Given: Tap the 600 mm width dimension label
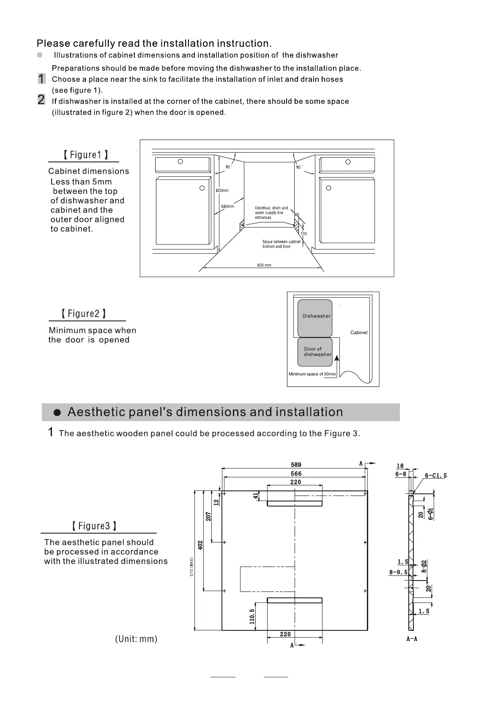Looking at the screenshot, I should click(264, 265).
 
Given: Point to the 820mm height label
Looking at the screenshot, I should click(222, 191).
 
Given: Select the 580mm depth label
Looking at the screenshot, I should click(227, 206).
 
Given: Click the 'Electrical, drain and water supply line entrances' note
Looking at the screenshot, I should click(271, 213).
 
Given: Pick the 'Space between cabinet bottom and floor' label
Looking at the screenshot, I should click(281, 244).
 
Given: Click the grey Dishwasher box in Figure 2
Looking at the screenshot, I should click(315, 318).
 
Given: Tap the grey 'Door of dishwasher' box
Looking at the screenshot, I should click(315, 352).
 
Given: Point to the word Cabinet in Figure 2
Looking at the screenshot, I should click(359, 332).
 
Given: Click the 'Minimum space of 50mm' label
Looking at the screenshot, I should click(312, 374).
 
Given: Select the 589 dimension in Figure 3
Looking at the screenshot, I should click(296, 465).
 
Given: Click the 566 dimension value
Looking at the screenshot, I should click(296, 474).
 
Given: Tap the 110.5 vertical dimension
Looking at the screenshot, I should click(252, 616).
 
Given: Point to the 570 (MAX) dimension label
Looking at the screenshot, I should click(191, 567).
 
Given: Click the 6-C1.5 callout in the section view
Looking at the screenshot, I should click(435, 476).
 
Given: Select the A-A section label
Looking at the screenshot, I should click(412, 639).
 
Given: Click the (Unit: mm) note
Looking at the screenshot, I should click(136, 639).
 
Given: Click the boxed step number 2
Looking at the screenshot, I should click(41, 100).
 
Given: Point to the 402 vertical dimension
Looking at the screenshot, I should click(200, 545).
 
